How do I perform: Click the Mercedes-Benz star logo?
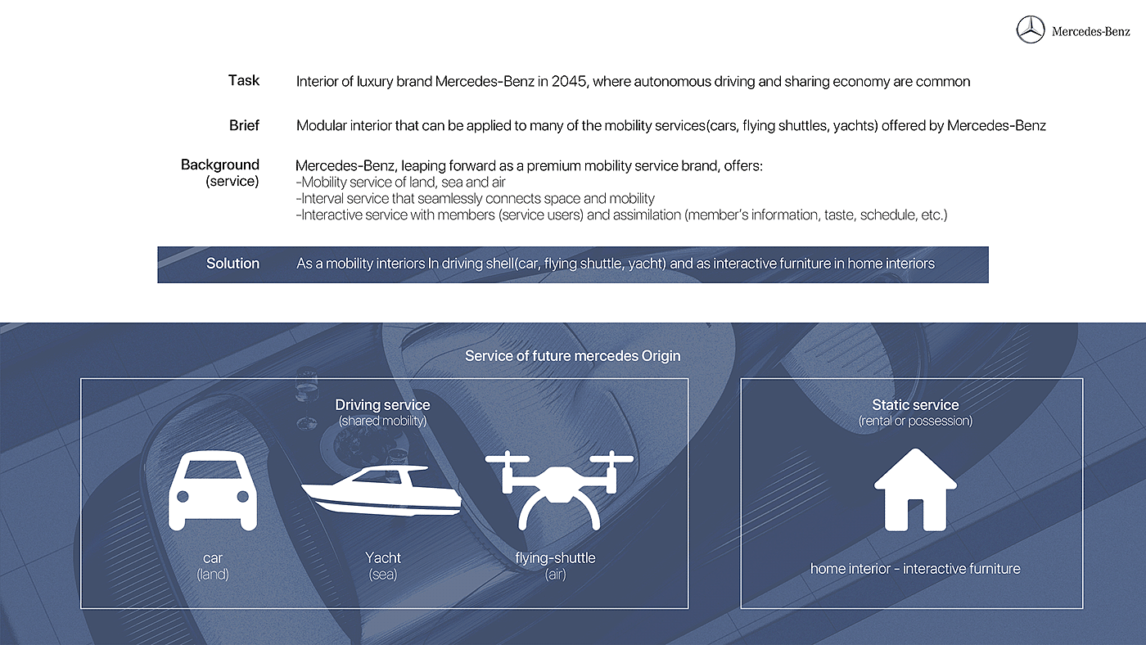[1031, 30]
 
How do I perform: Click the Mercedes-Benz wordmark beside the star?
[1090, 32]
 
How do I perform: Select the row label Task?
[243, 80]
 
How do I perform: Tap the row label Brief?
[244, 125]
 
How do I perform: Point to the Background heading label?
[220, 165]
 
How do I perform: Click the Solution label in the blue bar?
[232, 264]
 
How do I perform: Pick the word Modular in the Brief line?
[322, 126]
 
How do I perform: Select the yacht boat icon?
[381, 489]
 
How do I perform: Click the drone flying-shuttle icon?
[559, 488]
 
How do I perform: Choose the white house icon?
[915, 489]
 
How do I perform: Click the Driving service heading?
[382, 404]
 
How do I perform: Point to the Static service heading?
[915, 404]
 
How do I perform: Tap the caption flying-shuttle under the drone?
[555, 558]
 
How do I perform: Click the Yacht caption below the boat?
[383, 558]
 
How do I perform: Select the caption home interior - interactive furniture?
[915, 568]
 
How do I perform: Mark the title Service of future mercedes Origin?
[572, 356]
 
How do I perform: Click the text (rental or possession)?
[915, 421]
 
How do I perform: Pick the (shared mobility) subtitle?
[382, 421]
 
